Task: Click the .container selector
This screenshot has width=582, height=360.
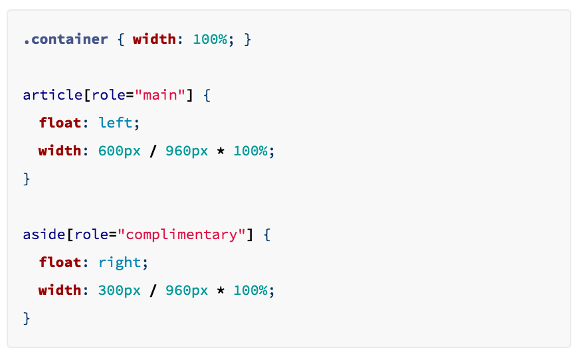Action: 65,39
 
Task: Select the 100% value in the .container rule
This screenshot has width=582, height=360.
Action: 209,39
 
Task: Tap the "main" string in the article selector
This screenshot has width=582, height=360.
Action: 160,95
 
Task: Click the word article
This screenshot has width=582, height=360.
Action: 52,95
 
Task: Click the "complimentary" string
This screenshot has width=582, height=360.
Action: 185,234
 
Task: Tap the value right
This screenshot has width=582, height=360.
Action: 120,262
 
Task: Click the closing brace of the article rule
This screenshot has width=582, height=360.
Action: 27,179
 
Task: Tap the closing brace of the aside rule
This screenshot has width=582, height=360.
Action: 27,318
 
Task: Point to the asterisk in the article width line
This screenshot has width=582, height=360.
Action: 221,151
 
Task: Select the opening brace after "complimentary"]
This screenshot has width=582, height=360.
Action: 266,234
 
